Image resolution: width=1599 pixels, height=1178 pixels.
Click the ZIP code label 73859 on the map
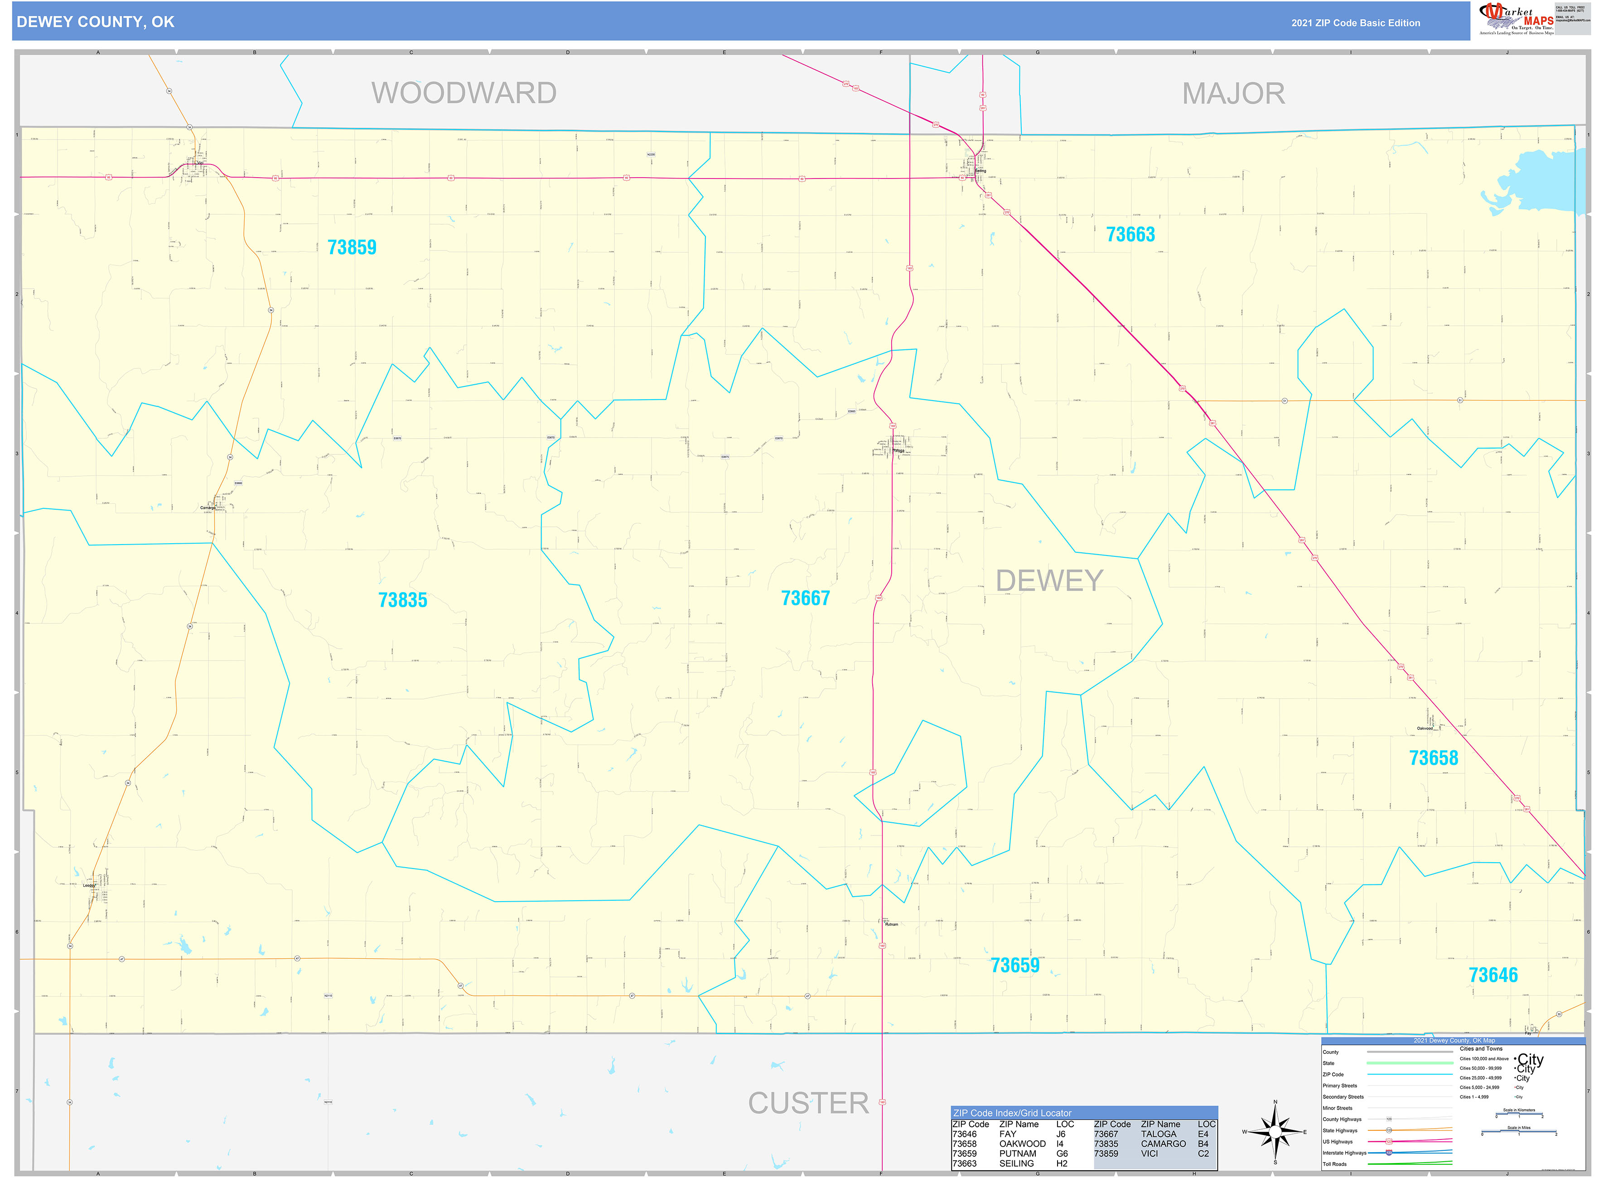[352, 247]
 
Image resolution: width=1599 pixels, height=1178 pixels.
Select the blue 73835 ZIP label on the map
[402, 600]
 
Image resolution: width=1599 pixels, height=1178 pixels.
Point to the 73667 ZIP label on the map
[805, 598]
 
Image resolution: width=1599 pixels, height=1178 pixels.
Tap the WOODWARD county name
[464, 93]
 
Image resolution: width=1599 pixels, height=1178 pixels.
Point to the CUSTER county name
[808, 1104]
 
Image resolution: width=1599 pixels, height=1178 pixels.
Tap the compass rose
[1275, 1132]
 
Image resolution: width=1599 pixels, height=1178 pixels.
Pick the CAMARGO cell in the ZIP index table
[1163, 1144]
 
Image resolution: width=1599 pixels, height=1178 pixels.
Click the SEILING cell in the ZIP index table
[1016, 1164]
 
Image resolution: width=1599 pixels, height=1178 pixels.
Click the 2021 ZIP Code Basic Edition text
[1355, 23]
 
